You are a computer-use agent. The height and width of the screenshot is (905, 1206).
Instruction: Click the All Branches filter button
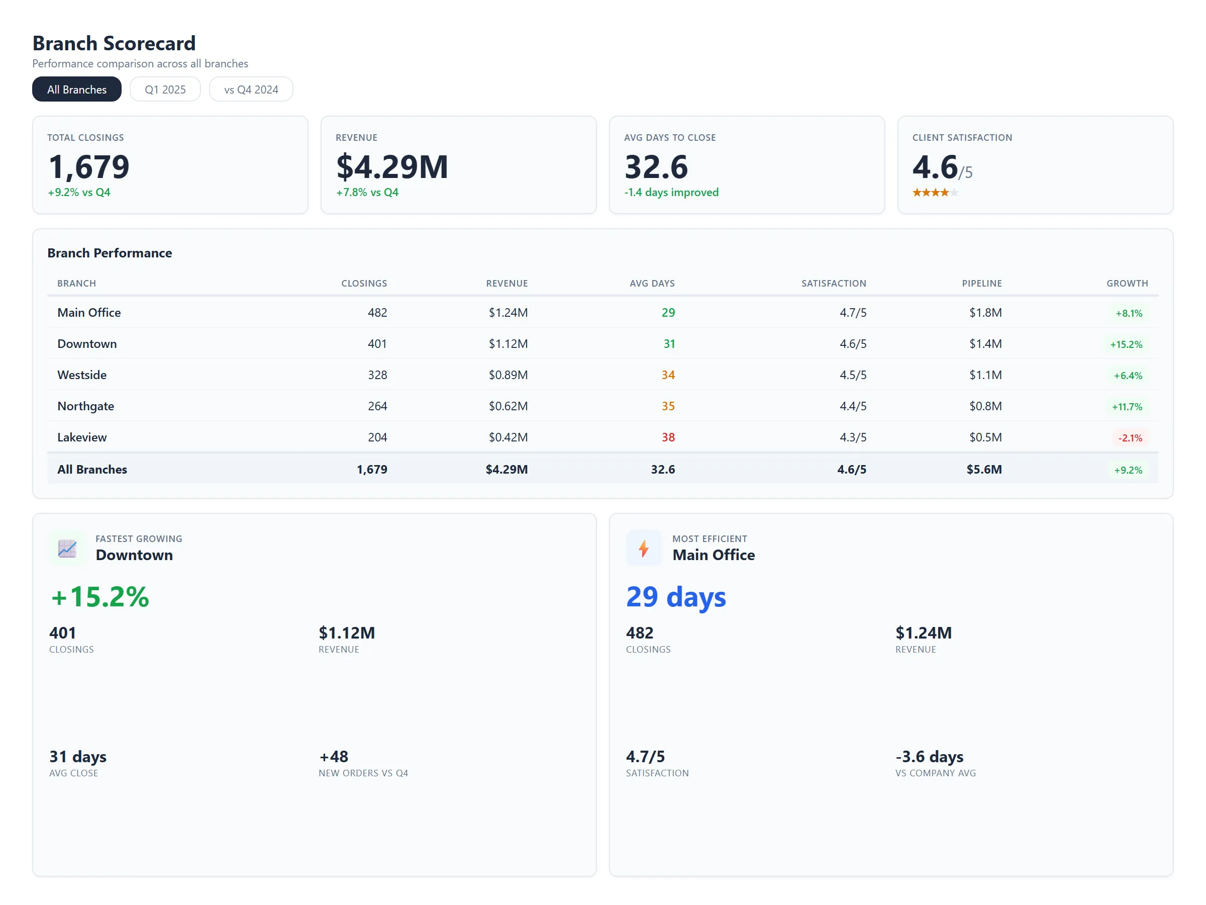[76, 89]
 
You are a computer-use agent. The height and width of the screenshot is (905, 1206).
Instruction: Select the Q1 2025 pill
[165, 89]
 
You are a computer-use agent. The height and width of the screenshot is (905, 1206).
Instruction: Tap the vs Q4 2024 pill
[251, 89]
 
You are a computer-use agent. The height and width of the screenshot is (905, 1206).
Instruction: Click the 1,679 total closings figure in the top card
[89, 167]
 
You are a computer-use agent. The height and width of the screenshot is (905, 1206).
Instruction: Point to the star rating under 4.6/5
[935, 193]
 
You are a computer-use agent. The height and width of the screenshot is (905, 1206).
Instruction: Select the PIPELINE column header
[981, 284]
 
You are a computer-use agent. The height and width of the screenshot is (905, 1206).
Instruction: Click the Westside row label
[82, 375]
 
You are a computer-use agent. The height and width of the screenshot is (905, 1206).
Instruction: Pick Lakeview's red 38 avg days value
[668, 437]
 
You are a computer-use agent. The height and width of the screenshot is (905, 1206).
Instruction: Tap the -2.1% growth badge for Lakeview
[1130, 438]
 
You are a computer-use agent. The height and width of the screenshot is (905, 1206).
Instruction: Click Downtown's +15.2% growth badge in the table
[1126, 345]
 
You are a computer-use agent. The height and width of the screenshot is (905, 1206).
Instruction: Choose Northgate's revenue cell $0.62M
[508, 406]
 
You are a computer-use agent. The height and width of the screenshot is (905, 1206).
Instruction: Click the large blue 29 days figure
[675, 597]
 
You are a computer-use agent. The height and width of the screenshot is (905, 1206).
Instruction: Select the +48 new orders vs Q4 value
[334, 757]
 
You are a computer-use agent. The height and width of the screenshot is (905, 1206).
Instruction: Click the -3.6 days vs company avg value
[929, 757]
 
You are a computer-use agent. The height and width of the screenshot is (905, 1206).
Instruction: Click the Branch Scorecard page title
[114, 43]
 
